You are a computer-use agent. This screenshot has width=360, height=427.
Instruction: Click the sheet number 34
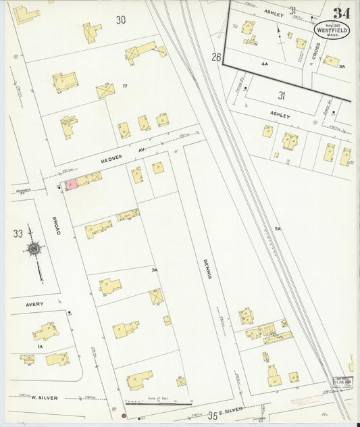[x=341, y=13]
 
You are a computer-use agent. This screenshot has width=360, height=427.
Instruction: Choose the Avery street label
[x=34, y=304]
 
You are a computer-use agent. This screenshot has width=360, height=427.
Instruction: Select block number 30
[x=120, y=20]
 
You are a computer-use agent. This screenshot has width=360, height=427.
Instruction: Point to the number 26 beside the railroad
[x=216, y=56]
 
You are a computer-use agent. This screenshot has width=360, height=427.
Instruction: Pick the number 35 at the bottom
[x=213, y=413]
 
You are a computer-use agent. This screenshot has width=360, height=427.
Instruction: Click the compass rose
[x=34, y=250]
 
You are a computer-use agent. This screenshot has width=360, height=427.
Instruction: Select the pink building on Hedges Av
[x=70, y=184]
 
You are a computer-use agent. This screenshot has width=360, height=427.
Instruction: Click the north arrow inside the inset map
[x=280, y=34]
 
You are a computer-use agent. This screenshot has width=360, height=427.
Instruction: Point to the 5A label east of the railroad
[x=277, y=228]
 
